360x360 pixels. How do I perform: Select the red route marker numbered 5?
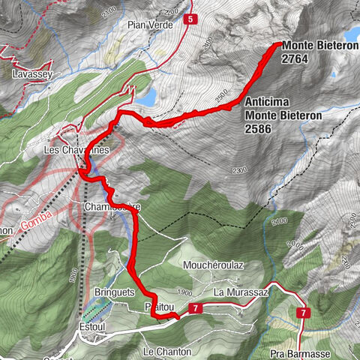(x=192, y=19)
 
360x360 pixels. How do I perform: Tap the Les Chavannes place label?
(x=76, y=150)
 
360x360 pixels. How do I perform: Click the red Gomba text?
(x=34, y=223)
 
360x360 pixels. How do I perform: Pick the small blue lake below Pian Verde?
(x=147, y=97)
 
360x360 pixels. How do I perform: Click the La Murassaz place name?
(x=239, y=291)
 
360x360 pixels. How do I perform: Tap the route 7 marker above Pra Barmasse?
(x=303, y=312)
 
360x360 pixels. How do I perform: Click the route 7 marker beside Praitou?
(x=195, y=308)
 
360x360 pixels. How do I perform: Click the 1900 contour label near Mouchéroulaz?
(x=186, y=292)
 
